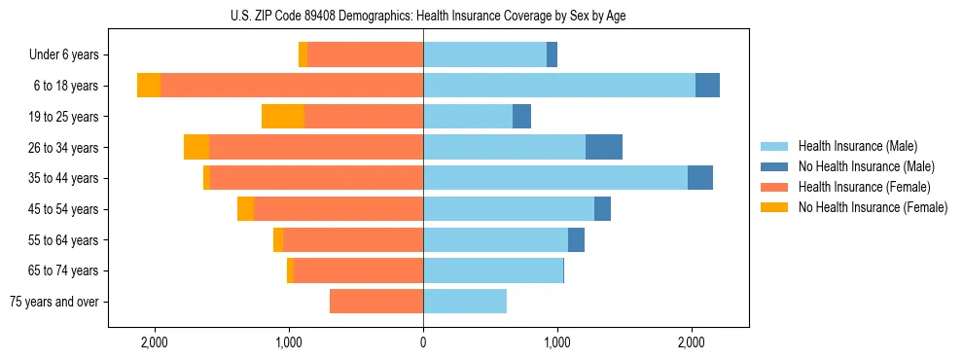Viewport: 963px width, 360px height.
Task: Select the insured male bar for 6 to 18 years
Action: point(559,86)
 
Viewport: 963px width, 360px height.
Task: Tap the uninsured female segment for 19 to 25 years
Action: point(283,117)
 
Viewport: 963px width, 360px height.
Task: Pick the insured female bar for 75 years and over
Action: point(376,302)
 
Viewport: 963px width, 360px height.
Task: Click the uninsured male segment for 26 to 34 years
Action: point(604,147)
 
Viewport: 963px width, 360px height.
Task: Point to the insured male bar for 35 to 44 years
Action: point(555,178)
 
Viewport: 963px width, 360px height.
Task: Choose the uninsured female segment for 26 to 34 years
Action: point(196,147)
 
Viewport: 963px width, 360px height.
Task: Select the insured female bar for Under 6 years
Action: point(365,54)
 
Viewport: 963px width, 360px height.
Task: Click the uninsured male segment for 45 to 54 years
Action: point(602,209)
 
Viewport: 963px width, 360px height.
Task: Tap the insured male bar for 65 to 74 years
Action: point(493,270)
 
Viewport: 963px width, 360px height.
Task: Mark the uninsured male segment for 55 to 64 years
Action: point(576,239)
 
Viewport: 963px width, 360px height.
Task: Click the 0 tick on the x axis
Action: point(423,343)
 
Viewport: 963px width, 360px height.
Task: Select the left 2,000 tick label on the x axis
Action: point(155,343)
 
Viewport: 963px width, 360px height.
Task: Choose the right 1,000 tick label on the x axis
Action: point(557,343)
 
